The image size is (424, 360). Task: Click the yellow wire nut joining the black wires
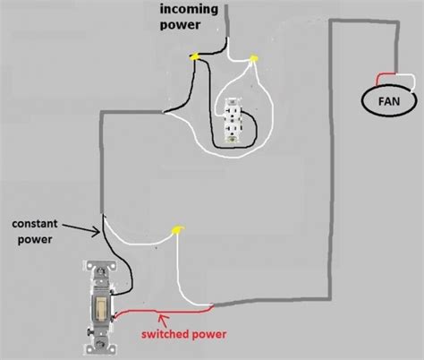tap(192, 58)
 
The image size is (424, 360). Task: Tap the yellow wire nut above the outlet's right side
tap(253, 61)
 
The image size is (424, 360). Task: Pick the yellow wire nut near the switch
tap(177, 231)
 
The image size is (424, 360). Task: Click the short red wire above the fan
tap(386, 73)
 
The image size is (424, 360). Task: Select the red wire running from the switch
tap(161, 313)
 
